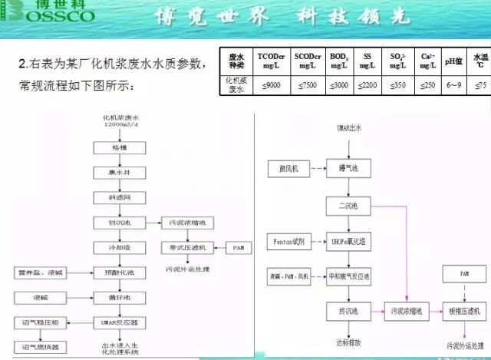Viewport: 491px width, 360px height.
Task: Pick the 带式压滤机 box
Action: coord(187,247)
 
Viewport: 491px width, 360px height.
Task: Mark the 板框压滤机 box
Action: coord(466,310)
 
